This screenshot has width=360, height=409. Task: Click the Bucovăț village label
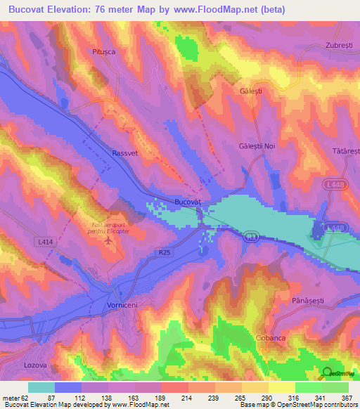(x=188, y=202)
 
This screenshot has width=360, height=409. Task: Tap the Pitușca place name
(x=103, y=51)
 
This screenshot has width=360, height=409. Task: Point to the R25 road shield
(x=164, y=250)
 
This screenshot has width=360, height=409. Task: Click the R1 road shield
(x=251, y=238)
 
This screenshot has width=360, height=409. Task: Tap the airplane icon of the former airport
(x=108, y=241)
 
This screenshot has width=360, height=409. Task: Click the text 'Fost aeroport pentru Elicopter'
(x=109, y=228)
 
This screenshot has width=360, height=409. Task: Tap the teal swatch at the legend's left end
(x=41, y=387)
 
